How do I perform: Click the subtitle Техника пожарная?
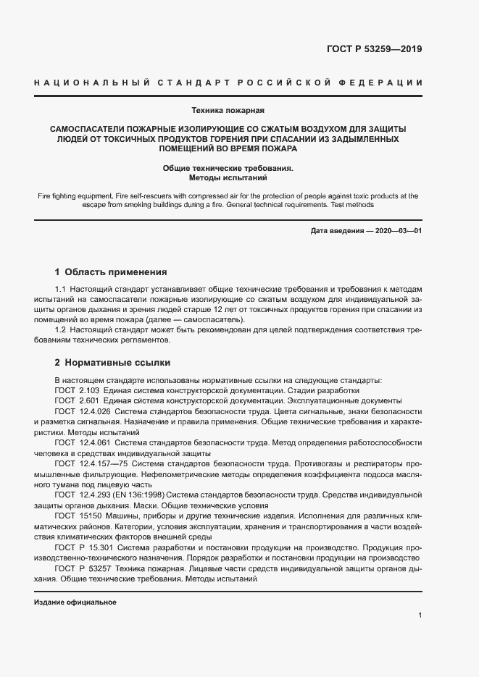228,111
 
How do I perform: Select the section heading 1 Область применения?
111,273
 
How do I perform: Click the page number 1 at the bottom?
420,615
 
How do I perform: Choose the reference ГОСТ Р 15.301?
80,549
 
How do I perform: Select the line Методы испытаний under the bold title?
228,176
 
